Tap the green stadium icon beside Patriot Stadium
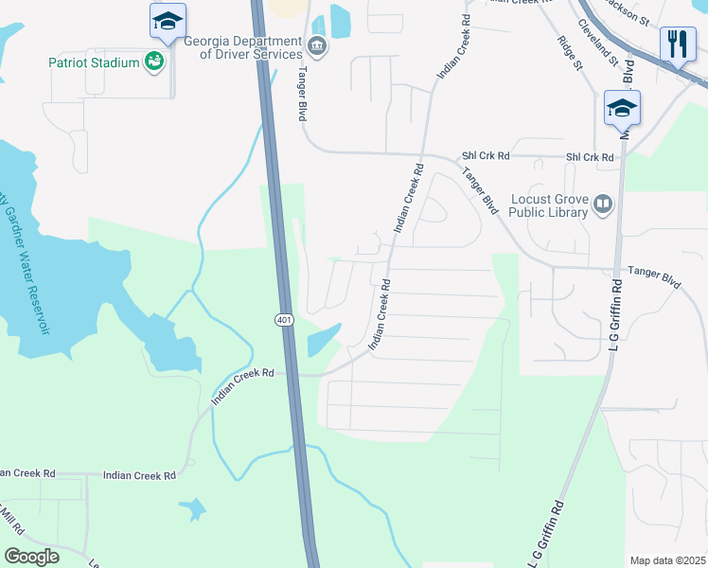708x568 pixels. (153, 62)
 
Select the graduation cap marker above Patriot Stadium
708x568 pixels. (168, 21)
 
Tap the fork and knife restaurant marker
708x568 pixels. (678, 44)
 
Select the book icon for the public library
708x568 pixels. (603, 204)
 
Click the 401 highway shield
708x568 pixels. (285, 321)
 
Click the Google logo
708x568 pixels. (31, 556)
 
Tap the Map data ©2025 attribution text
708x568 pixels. (666, 560)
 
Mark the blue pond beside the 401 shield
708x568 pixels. (322, 340)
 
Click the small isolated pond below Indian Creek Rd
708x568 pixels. (193, 509)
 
